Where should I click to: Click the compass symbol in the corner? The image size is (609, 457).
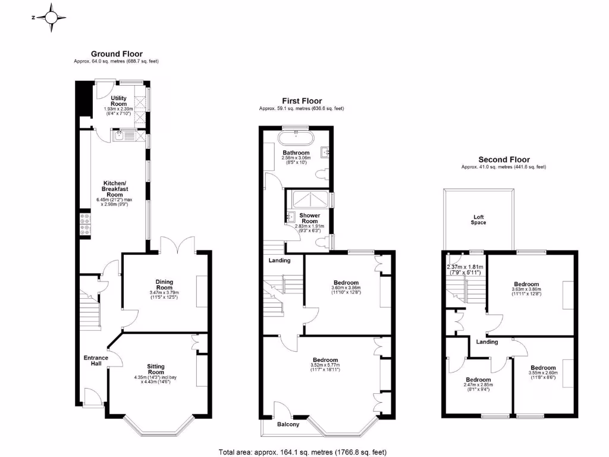click(x=52, y=17)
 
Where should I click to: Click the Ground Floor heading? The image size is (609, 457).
click(x=116, y=54)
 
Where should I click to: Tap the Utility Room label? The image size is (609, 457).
click(x=118, y=101)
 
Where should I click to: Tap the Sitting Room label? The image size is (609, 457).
click(x=156, y=370)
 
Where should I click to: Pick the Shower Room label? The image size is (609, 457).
click(x=309, y=218)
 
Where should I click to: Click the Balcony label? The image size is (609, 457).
click(x=288, y=424)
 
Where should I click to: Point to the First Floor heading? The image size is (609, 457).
click(x=302, y=101)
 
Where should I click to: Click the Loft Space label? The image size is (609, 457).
click(x=479, y=220)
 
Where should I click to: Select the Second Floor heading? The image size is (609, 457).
click(x=504, y=159)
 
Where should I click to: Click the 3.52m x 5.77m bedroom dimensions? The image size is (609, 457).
click(x=325, y=368)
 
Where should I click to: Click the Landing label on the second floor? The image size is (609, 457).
click(x=487, y=342)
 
